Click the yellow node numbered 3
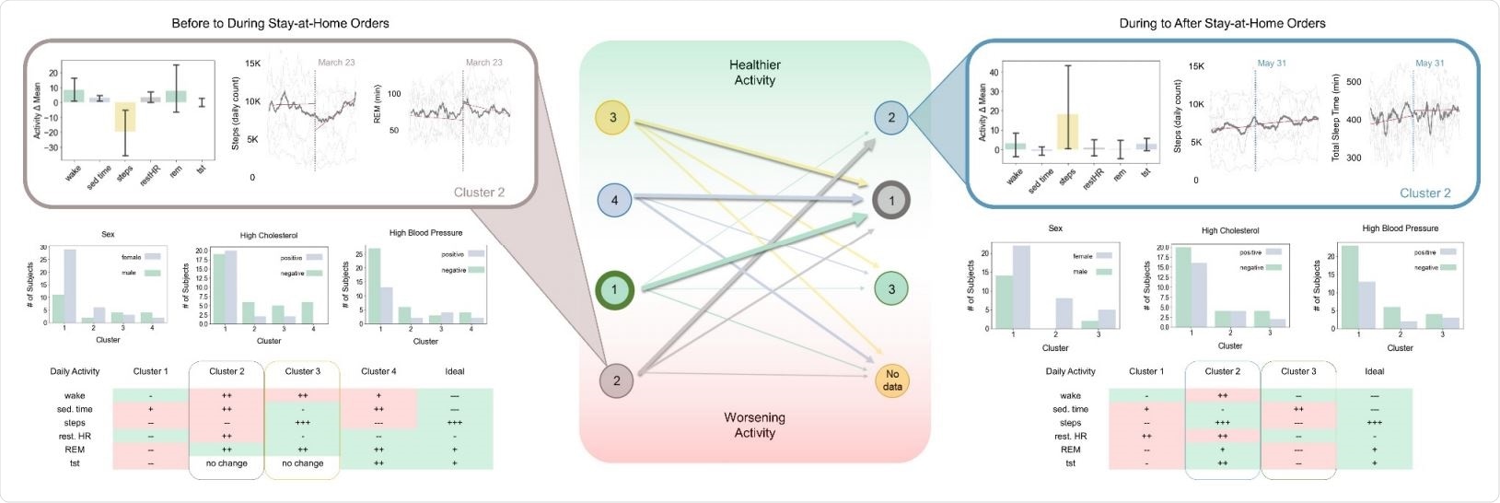tap(613, 117)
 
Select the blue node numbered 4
tap(614, 200)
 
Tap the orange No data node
tap(891, 380)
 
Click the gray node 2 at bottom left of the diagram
tap(616, 380)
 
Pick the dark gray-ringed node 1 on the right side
tap(891, 200)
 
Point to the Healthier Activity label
tap(754, 72)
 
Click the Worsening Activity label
tap(754, 425)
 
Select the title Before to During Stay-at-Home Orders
tap(280, 23)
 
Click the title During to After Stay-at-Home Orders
tap(1222, 23)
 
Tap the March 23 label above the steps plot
tap(336, 63)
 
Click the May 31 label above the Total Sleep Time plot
tap(1429, 63)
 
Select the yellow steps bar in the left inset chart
tap(125, 116)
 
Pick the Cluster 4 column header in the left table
tap(378, 371)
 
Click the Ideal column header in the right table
tap(1374, 371)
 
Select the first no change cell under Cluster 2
tap(227, 463)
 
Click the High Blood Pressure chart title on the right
tap(1400, 228)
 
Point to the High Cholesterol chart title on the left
tap(268, 235)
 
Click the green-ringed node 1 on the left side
tap(614, 290)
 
